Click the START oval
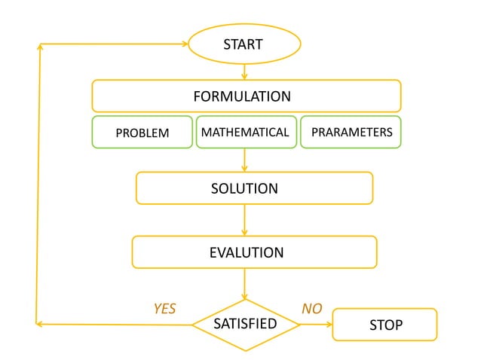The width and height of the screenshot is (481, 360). [244, 44]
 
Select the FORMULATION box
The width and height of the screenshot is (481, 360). [246, 96]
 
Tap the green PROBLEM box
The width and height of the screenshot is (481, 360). [142, 133]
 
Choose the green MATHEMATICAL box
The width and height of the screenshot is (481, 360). [246, 133]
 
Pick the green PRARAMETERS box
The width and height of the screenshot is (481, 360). [351, 132]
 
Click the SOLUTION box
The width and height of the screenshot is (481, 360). [254, 188]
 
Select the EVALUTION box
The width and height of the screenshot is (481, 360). [254, 252]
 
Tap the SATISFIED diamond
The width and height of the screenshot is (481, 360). [246, 325]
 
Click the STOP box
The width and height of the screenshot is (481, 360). [384, 325]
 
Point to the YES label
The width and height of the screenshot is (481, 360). [164, 309]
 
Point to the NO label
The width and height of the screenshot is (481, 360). [311, 309]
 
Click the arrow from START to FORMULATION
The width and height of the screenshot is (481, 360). [244, 72]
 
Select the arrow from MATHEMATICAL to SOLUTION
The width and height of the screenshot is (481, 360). [244, 160]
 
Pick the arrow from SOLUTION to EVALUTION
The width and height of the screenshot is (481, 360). [244, 220]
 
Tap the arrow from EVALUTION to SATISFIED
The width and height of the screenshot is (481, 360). [244, 285]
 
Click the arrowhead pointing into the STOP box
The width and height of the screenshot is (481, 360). [329, 325]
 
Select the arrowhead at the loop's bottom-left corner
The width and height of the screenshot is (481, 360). [39, 325]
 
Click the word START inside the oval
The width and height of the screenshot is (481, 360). [244, 44]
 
